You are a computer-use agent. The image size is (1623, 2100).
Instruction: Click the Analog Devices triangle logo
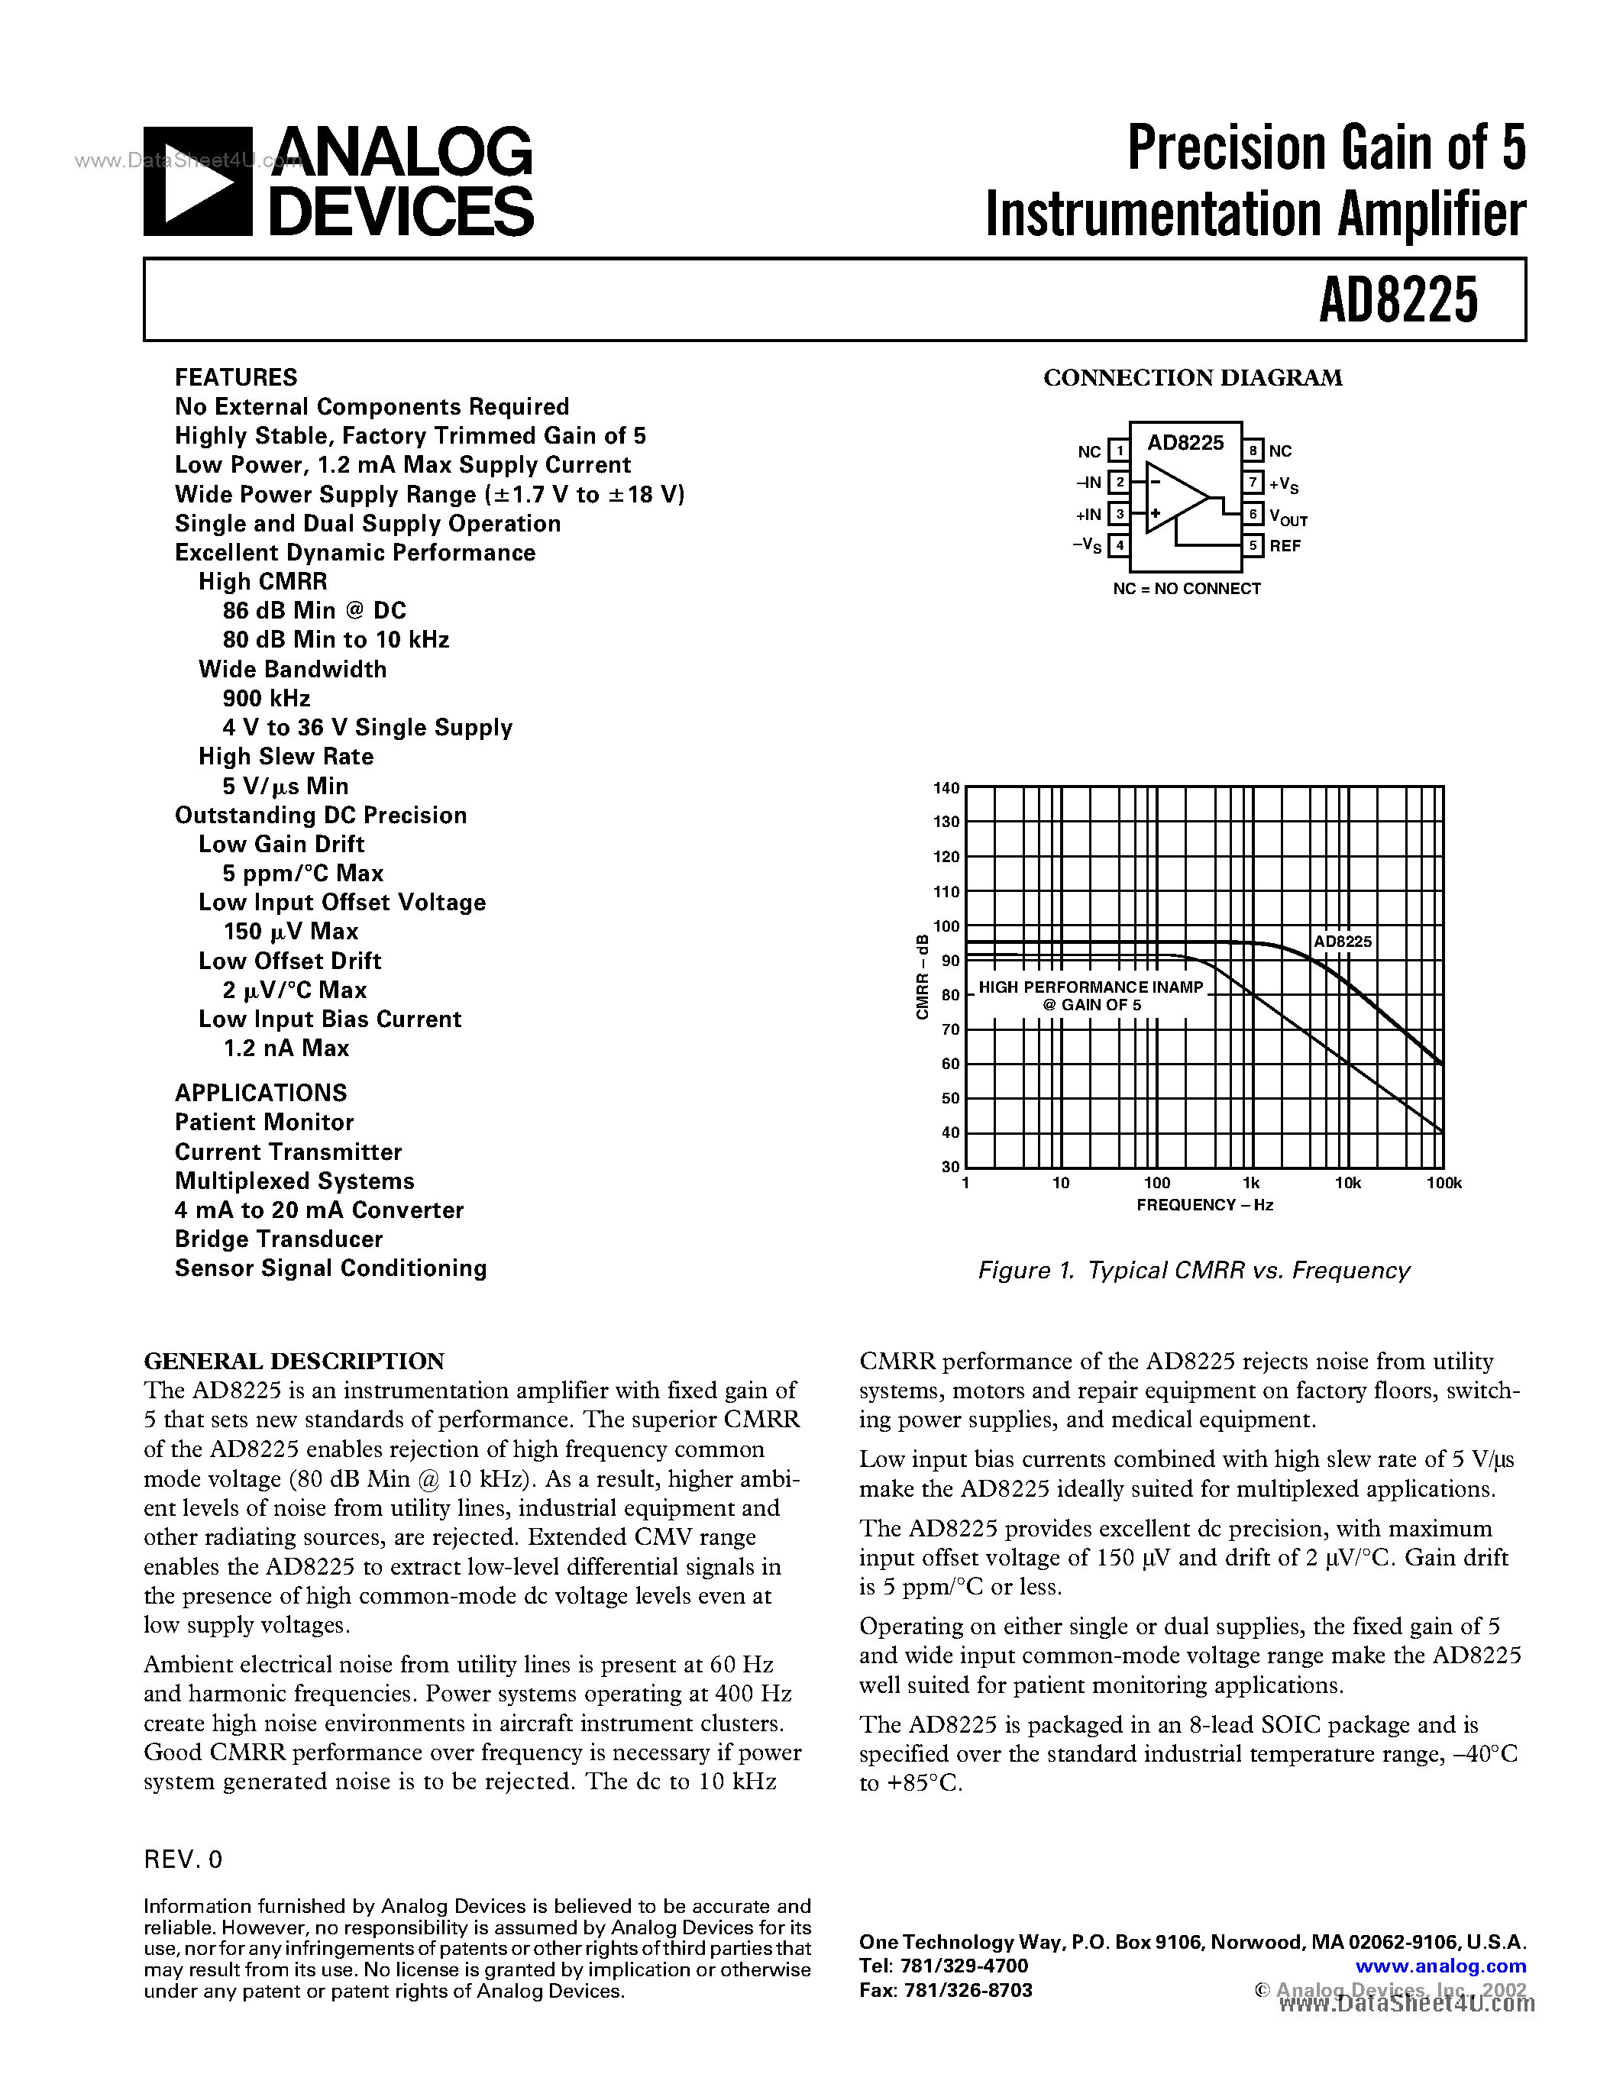click(198, 182)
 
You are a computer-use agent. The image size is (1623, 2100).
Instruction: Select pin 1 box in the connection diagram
click(1119, 450)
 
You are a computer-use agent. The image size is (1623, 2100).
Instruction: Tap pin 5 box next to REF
click(1253, 545)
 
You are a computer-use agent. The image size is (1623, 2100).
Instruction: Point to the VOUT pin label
click(1288, 516)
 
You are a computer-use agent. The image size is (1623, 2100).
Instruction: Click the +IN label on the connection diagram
click(1088, 515)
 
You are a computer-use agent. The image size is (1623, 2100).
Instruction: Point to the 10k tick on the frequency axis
click(1347, 1184)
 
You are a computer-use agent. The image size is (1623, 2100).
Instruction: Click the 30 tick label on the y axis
click(950, 1166)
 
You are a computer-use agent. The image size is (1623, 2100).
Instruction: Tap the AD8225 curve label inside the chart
click(1342, 942)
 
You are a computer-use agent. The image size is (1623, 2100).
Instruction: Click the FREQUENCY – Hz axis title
click(1204, 1205)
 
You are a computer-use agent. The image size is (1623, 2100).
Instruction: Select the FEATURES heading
click(235, 377)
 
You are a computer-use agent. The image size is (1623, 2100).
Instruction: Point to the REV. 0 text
click(183, 1859)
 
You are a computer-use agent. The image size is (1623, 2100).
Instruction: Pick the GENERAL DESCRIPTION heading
click(294, 1361)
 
